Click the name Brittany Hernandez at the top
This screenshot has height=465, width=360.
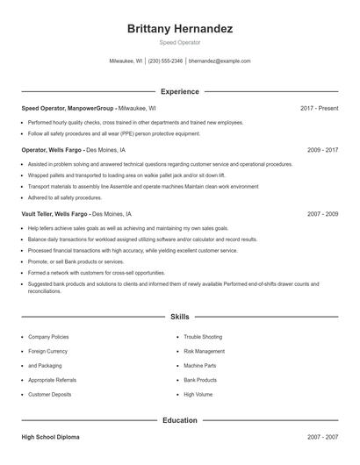pyautogui.click(x=179, y=29)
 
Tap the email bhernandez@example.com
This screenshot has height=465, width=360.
pyautogui.click(x=220, y=61)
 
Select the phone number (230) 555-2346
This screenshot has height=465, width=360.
pyautogui.click(x=165, y=61)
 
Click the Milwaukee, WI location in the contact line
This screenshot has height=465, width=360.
pyautogui.click(x=126, y=61)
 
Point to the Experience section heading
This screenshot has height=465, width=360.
pyautogui.click(x=179, y=91)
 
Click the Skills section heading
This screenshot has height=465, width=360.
pyautogui.click(x=179, y=316)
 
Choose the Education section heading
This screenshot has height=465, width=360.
pyautogui.click(x=179, y=420)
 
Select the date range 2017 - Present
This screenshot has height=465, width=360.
pyautogui.click(x=319, y=109)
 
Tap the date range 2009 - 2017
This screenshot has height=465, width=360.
pyautogui.click(x=322, y=150)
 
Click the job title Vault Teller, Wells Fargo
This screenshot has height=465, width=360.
pyautogui.click(x=55, y=213)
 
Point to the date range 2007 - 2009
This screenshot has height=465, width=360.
pyautogui.click(x=322, y=213)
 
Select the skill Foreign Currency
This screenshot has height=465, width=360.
pyautogui.click(x=47, y=351)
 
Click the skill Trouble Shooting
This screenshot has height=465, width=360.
pyautogui.click(x=203, y=337)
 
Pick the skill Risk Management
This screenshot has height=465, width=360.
pyautogui.click(x=205, y=351)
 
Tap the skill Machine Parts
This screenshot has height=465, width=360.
pyautogui.click(x=200, y=366)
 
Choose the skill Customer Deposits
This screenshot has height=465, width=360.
pyautogui.click(x=50, y=395)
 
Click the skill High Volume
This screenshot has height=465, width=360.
pyautogui.click(x=198, y=395)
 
